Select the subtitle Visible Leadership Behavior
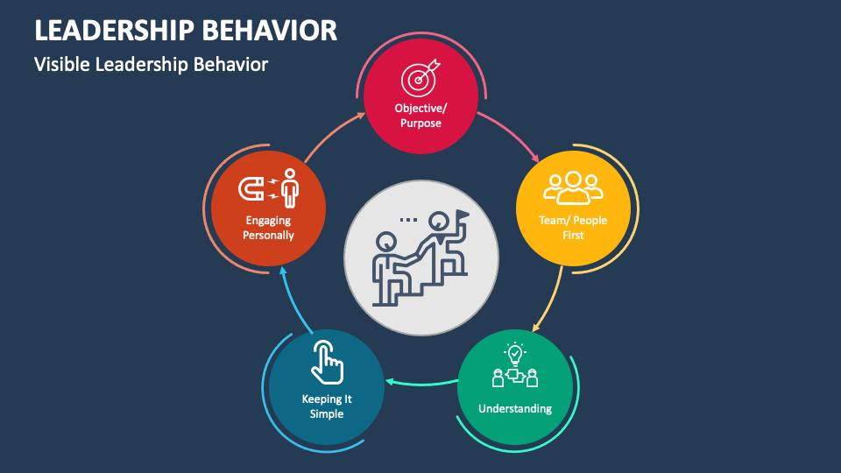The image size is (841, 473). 151,64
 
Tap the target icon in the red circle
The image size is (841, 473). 420,79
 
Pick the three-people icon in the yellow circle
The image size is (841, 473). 573,186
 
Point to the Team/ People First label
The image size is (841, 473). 573,228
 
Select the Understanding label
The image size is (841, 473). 515,408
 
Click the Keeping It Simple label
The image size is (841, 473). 327,406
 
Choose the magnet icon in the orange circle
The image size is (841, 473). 252,187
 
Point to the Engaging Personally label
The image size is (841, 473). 269,228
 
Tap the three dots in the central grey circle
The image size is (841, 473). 408,219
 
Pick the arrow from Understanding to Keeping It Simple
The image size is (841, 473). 420,382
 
